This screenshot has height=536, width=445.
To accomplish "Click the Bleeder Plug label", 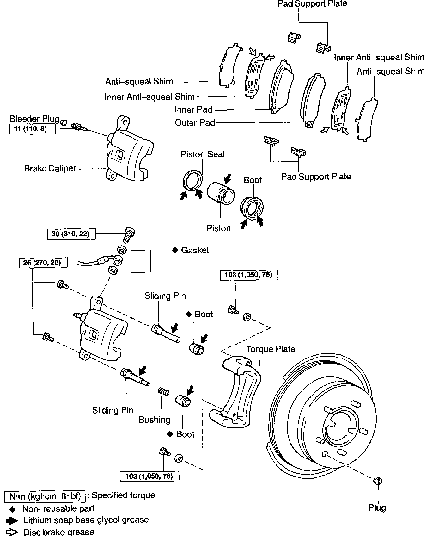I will click(34, 119).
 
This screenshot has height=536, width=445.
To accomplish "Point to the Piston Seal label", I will click(203, 154).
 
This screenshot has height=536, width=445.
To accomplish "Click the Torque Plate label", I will click(271, 349).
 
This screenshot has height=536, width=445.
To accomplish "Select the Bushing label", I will click(155, 420).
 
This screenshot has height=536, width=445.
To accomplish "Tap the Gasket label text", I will click(195, 250).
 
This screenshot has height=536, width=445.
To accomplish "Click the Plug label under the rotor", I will click(377, 508).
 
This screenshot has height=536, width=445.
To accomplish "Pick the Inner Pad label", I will click(193, 110).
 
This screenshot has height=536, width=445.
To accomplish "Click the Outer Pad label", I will click(195, 122).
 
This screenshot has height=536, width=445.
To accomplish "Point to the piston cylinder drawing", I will click(221, 192).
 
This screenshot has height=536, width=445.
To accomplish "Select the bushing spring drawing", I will click(163, 392).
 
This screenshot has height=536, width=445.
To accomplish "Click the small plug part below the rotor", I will click(378, 481).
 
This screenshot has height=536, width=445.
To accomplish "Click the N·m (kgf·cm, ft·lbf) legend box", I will click(45, 496).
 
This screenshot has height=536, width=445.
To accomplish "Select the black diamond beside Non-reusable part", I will click(12, 509).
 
